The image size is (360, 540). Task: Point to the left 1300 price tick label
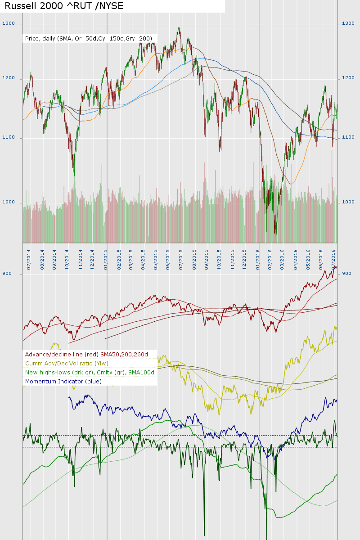[8, 23]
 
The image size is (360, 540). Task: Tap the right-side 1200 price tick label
[348, 79]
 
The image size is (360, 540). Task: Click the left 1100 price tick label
[8, 138]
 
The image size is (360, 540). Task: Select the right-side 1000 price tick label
[348, 202]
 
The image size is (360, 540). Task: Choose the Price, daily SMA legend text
[89, 39]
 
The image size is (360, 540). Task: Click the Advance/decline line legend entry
[86, 355]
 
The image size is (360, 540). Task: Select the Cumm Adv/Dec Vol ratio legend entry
[67, 364]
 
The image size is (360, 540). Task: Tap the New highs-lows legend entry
[90, 373]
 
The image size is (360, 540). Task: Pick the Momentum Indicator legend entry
[63, 382]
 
